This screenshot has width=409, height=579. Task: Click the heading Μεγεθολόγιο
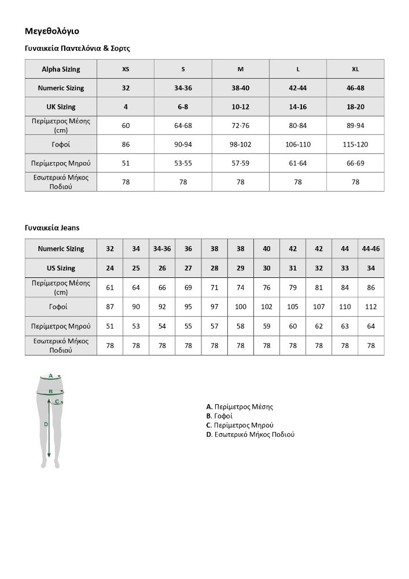(x=52, y=31)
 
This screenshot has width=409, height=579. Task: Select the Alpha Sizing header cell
(x=61, y=69)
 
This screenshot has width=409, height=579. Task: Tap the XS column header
(x=126, y=69)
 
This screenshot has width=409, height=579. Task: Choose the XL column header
(x=355, y=69)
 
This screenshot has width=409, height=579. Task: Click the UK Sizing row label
(x=61, y=107)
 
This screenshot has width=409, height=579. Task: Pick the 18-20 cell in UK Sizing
(x=355, y=107)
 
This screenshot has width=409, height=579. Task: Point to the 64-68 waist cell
(x=183, y=126)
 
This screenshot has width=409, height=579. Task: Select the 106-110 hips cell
(x=298, y=144)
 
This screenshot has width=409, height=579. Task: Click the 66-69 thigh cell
(x=355, y=163)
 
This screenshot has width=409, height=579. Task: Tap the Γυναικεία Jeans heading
(x=52, y=228)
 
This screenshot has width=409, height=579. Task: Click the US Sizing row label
(x=61, y=268)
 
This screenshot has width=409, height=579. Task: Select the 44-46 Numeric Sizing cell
(x=371, y=248)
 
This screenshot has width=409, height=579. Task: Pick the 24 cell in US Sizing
(x=110, y=268)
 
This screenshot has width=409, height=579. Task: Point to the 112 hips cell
(x=371, y=307)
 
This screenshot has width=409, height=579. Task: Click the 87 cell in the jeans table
(x=110, y=307)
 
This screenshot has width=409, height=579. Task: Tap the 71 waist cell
(x=215, y=287)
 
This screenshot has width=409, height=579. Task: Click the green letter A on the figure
(x=51, y=376)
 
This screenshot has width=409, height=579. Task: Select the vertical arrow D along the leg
(x=49, y=428)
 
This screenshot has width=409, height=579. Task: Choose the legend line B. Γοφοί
(x=219, y=416)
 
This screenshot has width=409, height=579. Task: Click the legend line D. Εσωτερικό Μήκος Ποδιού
(x=250, y=434)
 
